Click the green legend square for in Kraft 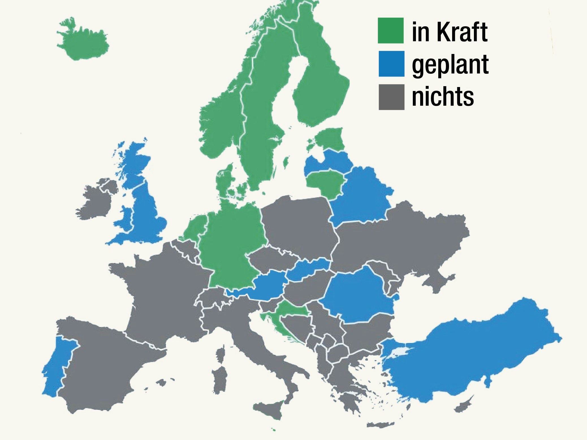[x=391, y=31]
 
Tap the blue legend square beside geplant [x=391, y=64]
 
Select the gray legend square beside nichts [x=391, y=97]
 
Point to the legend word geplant [x=450, y=65]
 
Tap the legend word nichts [x=443, y=97]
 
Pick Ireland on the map [x=95, y=202]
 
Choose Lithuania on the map [x=325, y=182]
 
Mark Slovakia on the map [x=310, y=268]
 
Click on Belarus [x=362, y=198]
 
